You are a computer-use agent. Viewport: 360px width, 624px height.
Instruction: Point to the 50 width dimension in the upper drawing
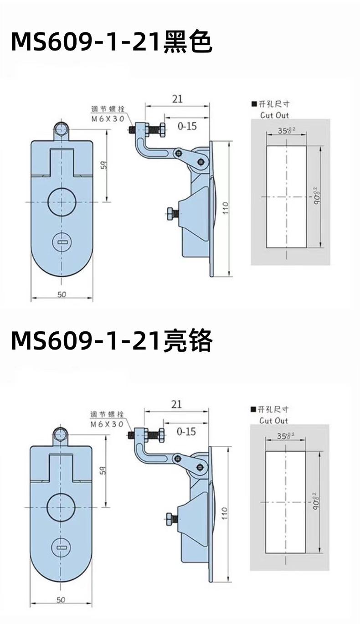(62, 294)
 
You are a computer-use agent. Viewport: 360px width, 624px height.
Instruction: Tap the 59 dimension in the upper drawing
(104, 167)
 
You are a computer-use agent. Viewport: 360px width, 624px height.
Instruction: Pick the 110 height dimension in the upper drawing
(225, 209)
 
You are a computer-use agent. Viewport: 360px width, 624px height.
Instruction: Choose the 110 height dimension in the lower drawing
(224, 513)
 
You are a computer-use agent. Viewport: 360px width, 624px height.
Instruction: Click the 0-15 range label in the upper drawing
(187, 126)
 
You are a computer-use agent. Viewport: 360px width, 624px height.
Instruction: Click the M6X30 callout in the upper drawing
(108, 118)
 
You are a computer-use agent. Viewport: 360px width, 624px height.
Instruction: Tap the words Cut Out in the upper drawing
(274, 115)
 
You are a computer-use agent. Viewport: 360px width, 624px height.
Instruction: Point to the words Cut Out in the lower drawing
(274, 420)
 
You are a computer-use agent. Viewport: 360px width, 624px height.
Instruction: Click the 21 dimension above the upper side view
(178, 98)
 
